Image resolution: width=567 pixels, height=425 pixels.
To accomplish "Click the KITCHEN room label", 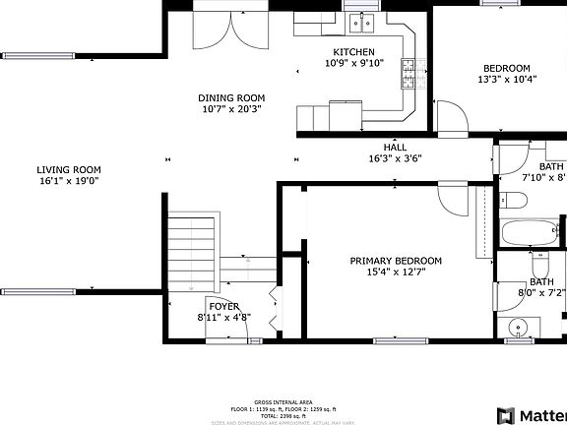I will pos(353,52).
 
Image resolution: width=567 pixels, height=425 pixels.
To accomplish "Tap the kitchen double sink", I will pos(368,22).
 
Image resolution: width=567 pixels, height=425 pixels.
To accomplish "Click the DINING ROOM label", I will pos(231,97).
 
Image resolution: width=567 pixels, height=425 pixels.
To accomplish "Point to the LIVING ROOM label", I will pos(70,168).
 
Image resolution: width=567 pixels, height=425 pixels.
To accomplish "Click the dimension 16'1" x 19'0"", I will pos(70,181).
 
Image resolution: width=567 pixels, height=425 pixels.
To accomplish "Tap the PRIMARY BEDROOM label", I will pos(396,261).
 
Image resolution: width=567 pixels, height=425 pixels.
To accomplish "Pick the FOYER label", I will pos(223,305).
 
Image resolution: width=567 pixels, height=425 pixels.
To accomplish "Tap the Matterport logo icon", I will pos(507,414).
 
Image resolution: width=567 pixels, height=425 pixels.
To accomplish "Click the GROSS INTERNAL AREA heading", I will pos(283,402).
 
